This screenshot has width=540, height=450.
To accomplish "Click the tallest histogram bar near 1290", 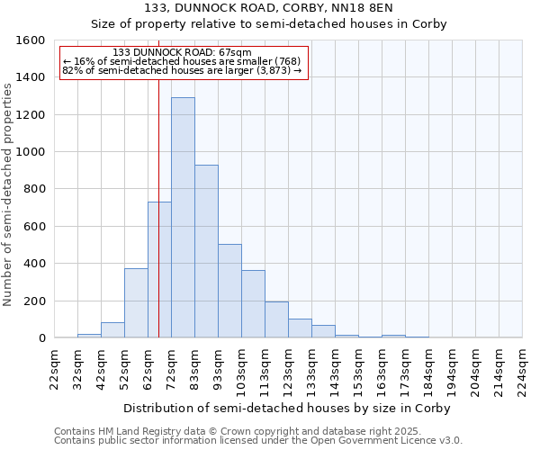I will click(183, 218).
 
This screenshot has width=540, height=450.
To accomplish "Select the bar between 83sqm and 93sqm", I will click(206, 251).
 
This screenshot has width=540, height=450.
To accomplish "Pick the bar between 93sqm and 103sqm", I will click(229, 291).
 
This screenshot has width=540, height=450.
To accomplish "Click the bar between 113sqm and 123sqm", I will click(276, 319).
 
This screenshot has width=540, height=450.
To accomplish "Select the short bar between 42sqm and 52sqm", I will click(112, 329).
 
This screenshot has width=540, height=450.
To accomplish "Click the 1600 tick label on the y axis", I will click(31, 40).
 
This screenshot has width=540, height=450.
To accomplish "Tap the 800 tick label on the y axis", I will click(34, 189).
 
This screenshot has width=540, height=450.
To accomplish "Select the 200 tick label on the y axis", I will click(34, 301).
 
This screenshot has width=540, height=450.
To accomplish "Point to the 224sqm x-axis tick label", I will click(523, 369).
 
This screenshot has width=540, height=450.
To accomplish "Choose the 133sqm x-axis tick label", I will click(312, 369).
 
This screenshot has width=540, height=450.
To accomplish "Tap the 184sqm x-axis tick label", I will click(429, 369).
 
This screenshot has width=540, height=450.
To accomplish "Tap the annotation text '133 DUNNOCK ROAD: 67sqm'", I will click(183, 53).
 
